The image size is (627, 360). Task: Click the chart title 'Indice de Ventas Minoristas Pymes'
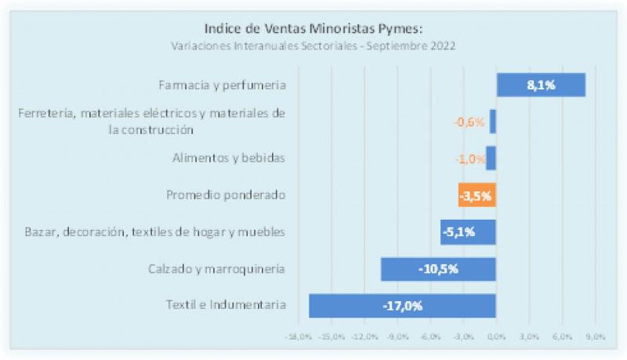coord(313,29)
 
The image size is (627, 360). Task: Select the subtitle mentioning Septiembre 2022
coord(313,45)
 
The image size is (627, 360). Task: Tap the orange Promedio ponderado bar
coord(477,195)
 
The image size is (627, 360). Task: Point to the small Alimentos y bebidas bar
coord(491,158)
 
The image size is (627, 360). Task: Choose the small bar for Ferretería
coord(493,122)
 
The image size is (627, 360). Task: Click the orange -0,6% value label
coord(469,122)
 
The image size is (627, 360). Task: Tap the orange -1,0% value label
coord(469,158)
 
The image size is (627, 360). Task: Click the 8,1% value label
coord(541,85)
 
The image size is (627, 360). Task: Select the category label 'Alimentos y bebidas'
coord(228,158)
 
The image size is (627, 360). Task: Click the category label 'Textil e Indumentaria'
coord(226,304)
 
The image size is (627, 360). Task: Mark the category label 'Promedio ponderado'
coord(226,195)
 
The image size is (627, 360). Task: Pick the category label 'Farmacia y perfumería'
coord(222,85)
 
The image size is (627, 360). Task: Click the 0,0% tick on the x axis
coord(496,336)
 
